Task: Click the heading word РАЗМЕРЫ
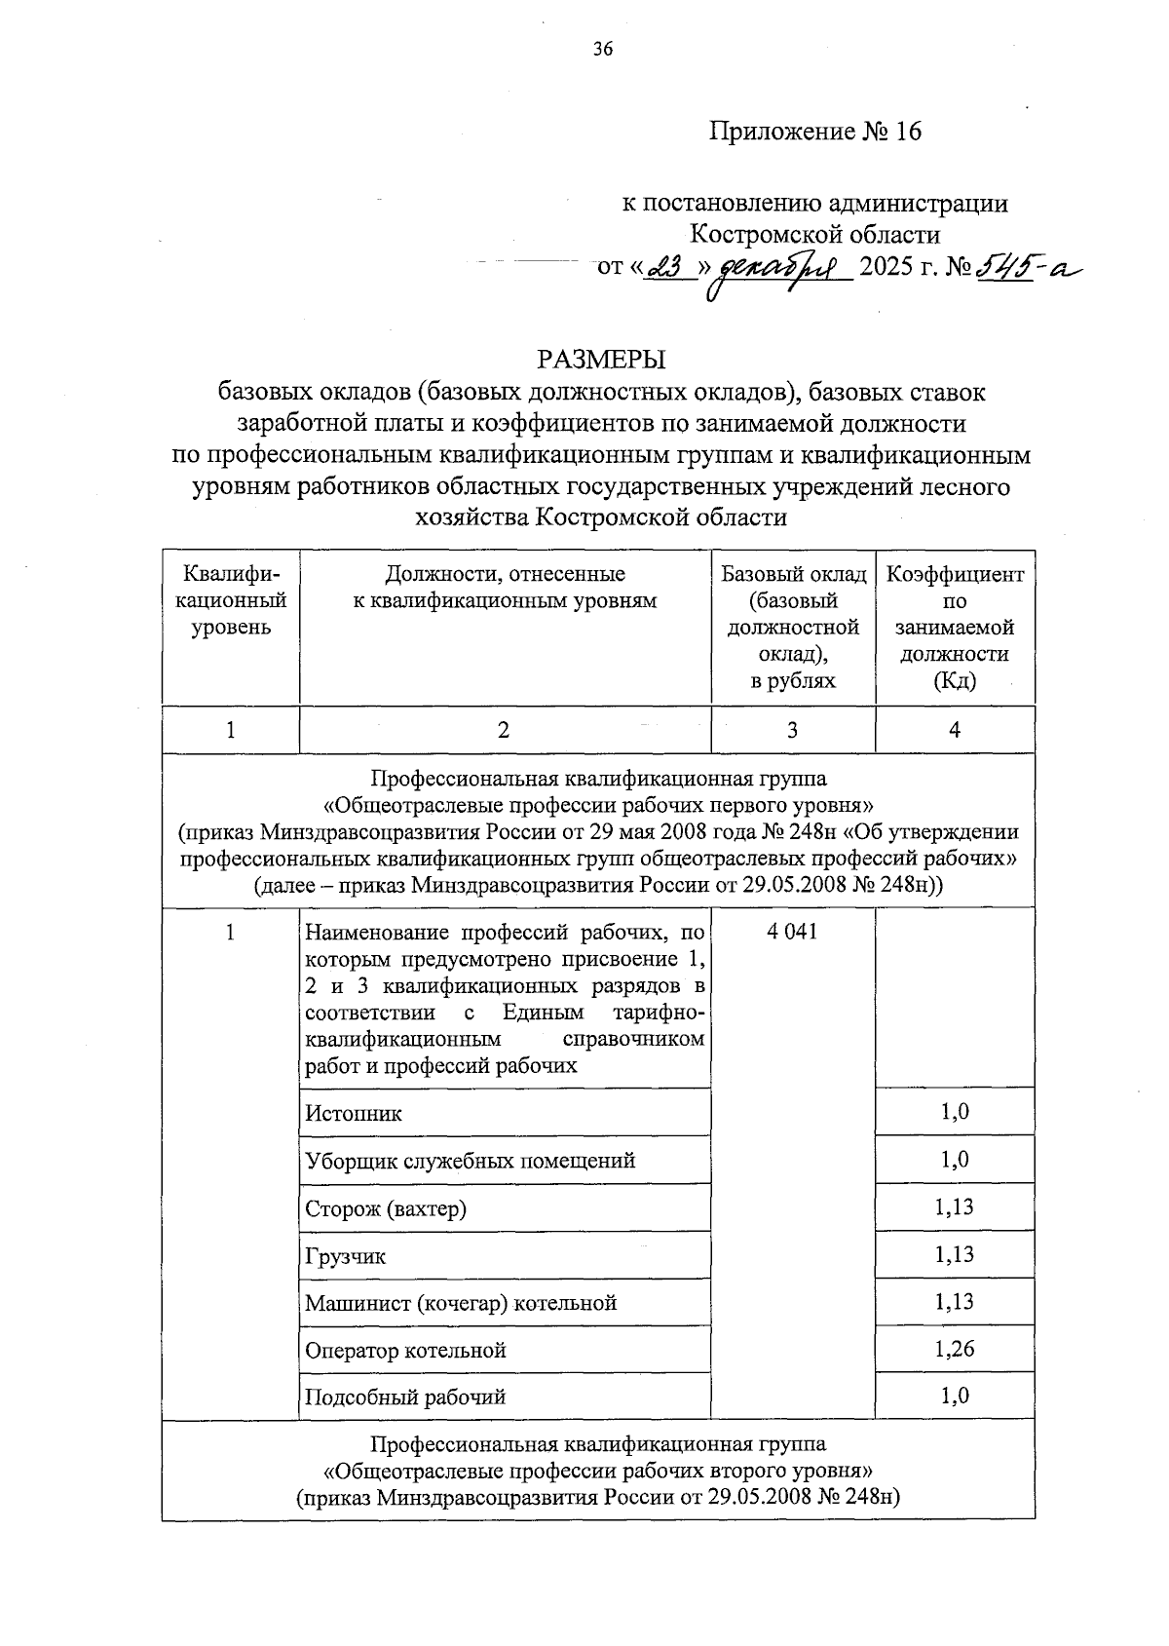(601, 360)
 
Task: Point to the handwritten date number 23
(667, 265)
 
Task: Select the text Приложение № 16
(814, 132)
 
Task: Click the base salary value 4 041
(792, 932)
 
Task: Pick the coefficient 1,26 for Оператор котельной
(955, 1349)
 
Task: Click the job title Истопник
(354, 1113)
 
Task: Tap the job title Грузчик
(345, 1256)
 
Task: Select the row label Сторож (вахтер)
(386, 1208)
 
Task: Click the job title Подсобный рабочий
(405, 1397)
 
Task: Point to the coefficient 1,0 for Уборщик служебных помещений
(955, 1160)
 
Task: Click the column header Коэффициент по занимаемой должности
(955, 627)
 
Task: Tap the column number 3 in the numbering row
(792, 730)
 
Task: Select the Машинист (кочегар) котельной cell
(461, 1303)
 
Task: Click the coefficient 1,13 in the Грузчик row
(955, 1254)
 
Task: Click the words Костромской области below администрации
(814, 235)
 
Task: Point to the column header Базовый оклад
(792, 574)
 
